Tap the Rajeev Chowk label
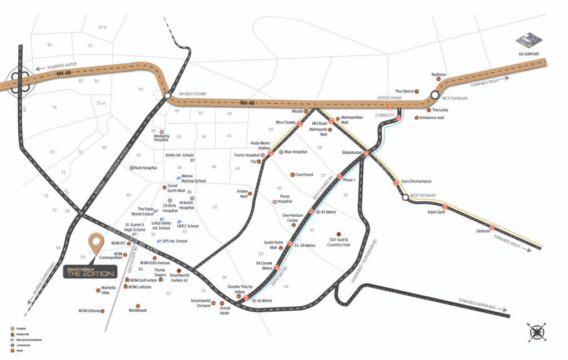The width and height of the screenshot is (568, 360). tap(192, 94)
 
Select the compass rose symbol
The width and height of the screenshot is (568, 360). tap(536, 331)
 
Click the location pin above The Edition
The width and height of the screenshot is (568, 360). tap(97, 242)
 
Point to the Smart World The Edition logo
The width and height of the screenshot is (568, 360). tap(89, 272)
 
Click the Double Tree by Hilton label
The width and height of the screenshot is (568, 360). tap(240, 289)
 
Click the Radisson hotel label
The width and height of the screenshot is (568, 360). tap(438, 74)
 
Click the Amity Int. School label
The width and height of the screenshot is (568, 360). tap(180, 155)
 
